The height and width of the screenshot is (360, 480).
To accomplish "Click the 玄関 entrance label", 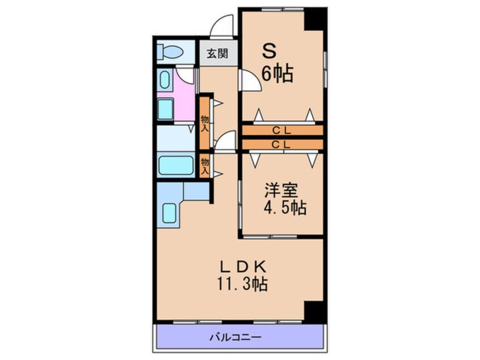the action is (217, 53).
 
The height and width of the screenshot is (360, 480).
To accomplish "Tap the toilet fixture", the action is (170, 52).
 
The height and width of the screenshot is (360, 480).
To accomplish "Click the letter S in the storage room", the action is (270, 51).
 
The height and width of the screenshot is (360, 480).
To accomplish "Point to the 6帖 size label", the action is (277, 74).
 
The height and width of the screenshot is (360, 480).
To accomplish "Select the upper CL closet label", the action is (281, 131).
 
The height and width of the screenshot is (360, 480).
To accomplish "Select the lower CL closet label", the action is (281, 144).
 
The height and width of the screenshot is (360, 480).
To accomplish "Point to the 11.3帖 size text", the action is (243, 284).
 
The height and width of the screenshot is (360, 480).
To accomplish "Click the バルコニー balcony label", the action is (235, 338).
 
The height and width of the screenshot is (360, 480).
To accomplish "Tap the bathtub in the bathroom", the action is (176, 165).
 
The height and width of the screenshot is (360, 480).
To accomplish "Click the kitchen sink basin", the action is (169, 213).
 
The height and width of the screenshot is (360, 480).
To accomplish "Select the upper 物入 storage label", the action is (205, 123).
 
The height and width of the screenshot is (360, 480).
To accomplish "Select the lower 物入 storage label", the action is (205, 166).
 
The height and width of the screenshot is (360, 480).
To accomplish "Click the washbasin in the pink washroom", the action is (166, 109).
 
